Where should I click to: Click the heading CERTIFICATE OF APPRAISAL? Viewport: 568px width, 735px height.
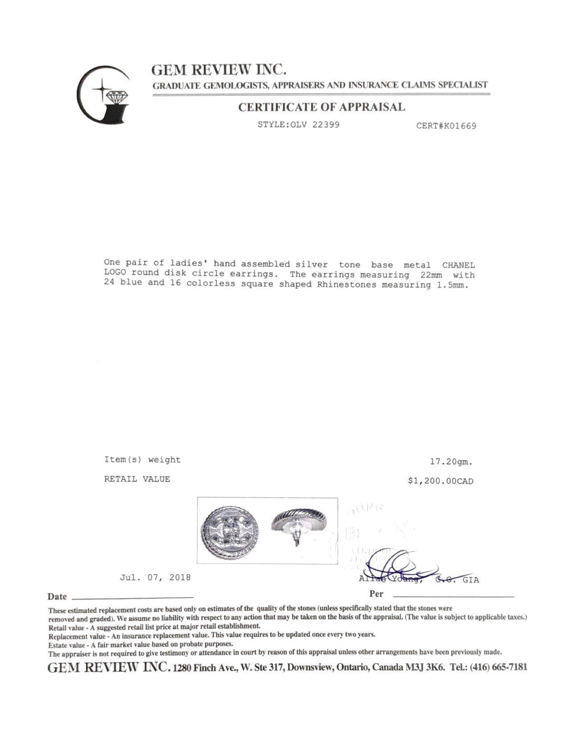tap(321, 107)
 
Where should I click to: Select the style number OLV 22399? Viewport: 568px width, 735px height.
tap(314, 125)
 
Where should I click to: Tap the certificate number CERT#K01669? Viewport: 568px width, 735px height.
tap(446, 126)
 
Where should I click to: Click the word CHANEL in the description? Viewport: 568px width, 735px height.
tap(458, 265)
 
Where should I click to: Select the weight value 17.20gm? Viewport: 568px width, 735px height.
tap(451, 462)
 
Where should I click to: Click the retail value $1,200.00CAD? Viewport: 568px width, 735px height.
tap(440, 481)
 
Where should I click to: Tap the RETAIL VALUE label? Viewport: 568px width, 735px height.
tap(137, 479)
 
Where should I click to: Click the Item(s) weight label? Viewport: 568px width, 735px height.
tap(142, 460)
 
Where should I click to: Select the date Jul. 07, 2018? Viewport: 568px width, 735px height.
tap(155, 577)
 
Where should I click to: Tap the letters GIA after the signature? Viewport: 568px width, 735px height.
tap(471, 580)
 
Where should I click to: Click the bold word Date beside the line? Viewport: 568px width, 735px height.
tap(57, 597)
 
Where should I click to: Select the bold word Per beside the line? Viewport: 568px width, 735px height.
tap(376, 594)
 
